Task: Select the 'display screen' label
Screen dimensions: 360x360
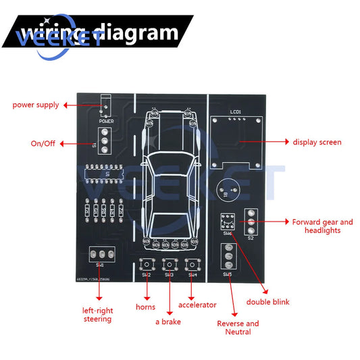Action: coord(317,143)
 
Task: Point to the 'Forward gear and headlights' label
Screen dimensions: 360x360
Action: coord(322,226)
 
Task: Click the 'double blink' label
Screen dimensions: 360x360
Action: coord(267,302)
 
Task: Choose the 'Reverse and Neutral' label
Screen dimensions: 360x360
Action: coord(238,328)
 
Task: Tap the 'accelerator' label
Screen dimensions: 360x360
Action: coord(197,305)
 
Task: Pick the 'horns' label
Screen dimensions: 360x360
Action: coord(145,307)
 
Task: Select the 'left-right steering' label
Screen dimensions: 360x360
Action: coord(98,315)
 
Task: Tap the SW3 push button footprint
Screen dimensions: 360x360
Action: coord(169,263)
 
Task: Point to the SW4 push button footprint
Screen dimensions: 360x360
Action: coord(192,263)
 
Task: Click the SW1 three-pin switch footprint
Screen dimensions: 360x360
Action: coord(101,254)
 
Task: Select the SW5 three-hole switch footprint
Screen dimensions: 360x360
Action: coord(228,257)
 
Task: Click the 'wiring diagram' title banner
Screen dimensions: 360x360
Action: coord(98,32)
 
